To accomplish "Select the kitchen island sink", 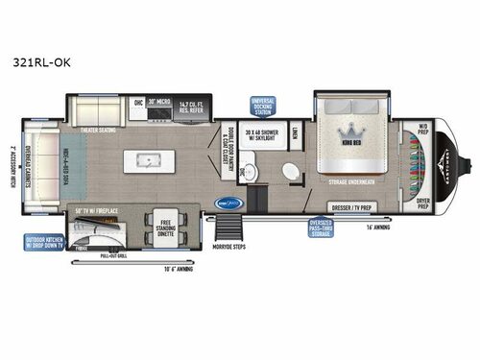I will [153, 159].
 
